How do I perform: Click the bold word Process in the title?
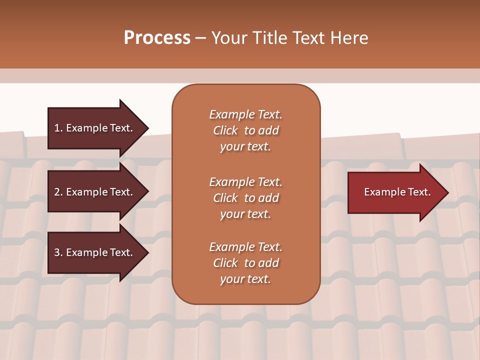[x=157, y=38]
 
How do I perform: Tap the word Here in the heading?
[x=350, y=38]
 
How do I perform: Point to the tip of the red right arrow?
[x=447, y=192]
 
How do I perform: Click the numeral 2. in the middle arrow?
[x=58, y=192]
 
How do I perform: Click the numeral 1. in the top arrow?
[x=58, y=128]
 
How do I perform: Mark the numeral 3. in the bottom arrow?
[x=58, y=252]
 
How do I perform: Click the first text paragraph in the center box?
[x=245, y=130]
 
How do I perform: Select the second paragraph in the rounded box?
[x=245, y=198]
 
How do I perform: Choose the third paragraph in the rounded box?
[x=245, y=263]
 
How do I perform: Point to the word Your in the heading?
[x=229, y=38]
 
